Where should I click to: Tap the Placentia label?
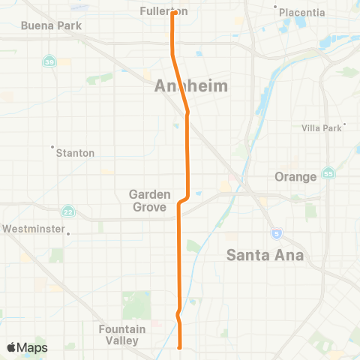[x=301, y=12]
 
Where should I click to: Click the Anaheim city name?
[x=190, y=86]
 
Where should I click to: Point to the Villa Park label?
[x=321, y=128]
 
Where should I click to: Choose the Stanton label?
[x=76, y=153]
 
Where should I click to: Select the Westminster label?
[x=34, y=228]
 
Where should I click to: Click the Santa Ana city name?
[x=265, y=256]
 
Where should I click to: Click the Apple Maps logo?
[x=26, y=347]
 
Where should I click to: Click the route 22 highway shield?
[x=68, y=210]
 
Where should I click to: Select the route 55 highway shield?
[x=328, y=173]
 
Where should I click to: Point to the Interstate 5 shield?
[x=277, y=232]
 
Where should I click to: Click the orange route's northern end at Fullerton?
[x=173, y=12]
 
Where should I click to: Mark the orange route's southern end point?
[x=180, y=347]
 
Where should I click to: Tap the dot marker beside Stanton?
[x=53, y=146]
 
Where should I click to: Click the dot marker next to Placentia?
[x=276, y=7]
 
